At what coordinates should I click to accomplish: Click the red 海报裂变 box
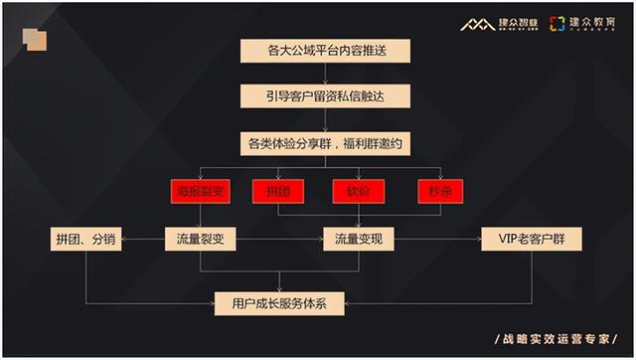(x=200, y=191)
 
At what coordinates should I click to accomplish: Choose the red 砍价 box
(x=358, y=191)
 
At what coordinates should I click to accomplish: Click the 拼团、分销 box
(x=85, y=239)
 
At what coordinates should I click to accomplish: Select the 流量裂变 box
(x=200, y=239)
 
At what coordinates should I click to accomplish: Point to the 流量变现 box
(x=359, y=239)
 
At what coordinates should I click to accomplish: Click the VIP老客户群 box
(x=532, y=239)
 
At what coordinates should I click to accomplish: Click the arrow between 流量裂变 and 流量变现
(x=279, y=239)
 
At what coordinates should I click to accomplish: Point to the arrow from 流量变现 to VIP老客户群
(x=438, y=239)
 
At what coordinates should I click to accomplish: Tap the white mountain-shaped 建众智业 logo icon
(x=477, y=24)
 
